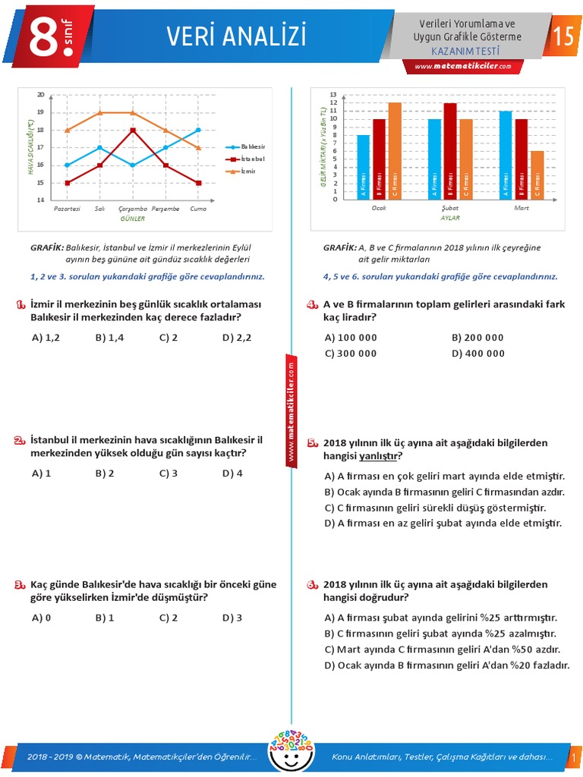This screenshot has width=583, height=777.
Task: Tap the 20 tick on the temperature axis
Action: coord(41,95)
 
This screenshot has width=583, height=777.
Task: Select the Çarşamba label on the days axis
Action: coord(132,208)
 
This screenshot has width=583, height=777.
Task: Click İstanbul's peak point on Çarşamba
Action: coord(132,130)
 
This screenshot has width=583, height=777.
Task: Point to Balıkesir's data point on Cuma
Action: coord(198,130)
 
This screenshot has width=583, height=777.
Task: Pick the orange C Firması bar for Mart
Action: coord(537,175)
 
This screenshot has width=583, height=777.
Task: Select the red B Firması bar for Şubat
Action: coord(450,151)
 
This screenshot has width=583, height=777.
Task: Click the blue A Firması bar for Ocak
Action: coord(364,167)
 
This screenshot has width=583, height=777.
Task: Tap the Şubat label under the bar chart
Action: coord(450,208)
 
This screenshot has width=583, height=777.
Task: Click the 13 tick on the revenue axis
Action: coord(332,95)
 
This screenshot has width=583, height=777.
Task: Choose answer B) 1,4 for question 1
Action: coord(110,338)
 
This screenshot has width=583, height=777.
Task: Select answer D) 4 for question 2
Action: coord(232,473)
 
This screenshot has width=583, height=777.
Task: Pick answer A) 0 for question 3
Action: coord(42,618)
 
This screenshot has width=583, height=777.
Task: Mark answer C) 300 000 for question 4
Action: coord(351,354)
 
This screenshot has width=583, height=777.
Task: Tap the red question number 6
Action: coord(312,586)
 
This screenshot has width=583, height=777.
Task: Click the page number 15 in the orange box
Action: coord(563,36)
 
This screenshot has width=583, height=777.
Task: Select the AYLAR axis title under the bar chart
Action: coord(450,218)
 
